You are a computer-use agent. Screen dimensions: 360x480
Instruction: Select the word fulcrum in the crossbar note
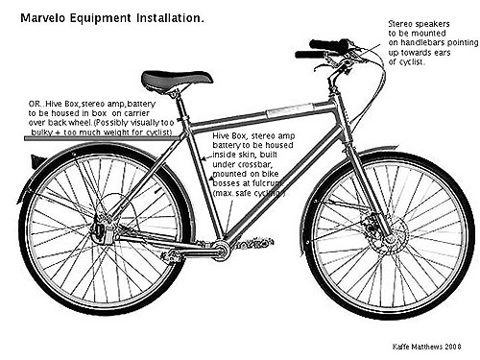pos(267,184)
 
